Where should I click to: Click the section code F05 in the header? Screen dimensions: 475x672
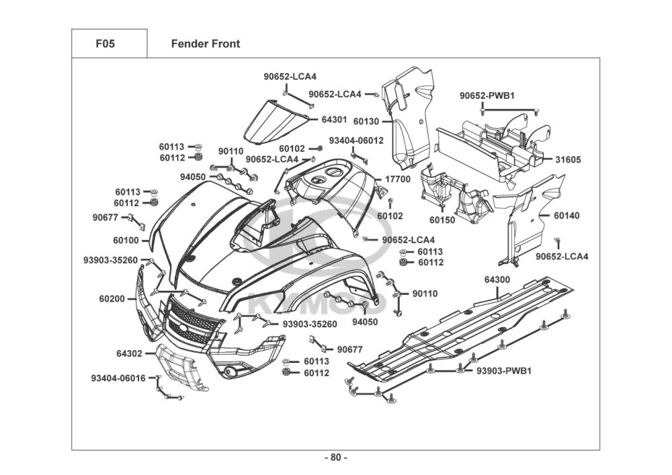pyautogui.click(x=106, y=44)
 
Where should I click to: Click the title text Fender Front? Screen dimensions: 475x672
pyautogui.click(x=206, y=44)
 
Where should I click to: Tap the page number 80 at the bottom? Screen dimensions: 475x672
pyautogui.click(x=336, y=458)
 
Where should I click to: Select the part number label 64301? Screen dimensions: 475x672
pyautogui.click(x=334, y=120)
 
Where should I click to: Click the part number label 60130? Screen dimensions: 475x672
pyautogui.click(x=366, y=122)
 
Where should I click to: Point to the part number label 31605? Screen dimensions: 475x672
pyautogui.click(x=568, y=160)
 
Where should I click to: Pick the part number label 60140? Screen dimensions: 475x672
pyautogui.click(x=567, y=216)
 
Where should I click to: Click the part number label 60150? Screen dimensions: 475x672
pyautogui.click(x=442, y=220)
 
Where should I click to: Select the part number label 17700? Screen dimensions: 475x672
pyautogui.click(x=397, y=180)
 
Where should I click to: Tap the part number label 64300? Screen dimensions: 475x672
pyautogui.click(x=497, y=279)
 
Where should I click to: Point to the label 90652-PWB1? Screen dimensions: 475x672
pyautogui.click(x=487, y=96)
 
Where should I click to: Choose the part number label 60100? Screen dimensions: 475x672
pyautogui.click(x=126, y=240)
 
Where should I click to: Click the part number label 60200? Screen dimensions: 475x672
pyautogui.click(x=112, y=298)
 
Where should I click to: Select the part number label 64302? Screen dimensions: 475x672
pyautogui.click(x=129, y=353)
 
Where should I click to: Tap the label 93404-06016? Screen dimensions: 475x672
pyautogui.click(x=119, y=378)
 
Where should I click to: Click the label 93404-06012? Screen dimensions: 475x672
pyautogui.click(x=356, y=140)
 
